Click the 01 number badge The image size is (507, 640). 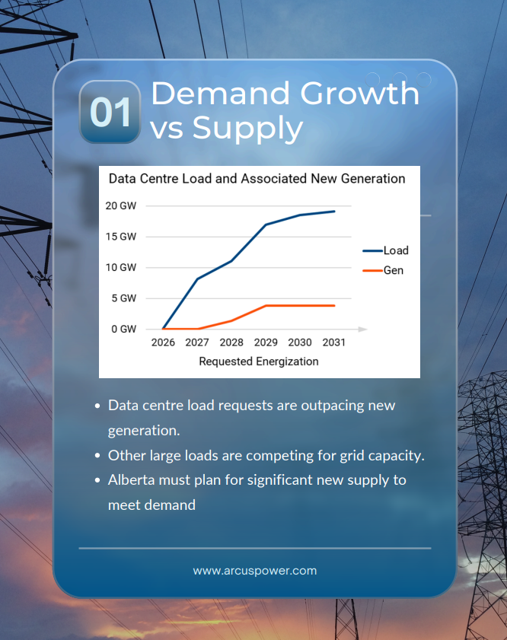pyautogui.click(x=110, y=112)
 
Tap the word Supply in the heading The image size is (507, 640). pyautogui.click(x=247, y=128)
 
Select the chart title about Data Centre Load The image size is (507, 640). pyautogui.click(x=257, y=179)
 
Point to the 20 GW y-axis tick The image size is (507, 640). pyautogui.click(x=121, y=205)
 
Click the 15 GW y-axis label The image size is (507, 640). pyautogui.click(x=121, y=237)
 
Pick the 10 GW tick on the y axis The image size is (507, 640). pyautogui.click(x=121, y=267)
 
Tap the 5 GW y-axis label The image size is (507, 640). pyautogui.click(x=123, y=298)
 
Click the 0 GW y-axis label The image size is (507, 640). pyautogui.click(x=123, y=329)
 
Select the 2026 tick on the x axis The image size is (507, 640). pyautogui.click(x=163, y=342)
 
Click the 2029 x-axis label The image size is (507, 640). pyautogui.click(x=266, y=342)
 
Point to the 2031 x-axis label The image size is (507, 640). pyautogui.click(x=333, y=342)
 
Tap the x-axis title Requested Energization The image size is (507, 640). pyautogui.click(x=258, y=361)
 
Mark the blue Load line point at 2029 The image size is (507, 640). pyautogui.click(x=266, y=224)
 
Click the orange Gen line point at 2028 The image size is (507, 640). pyautogui.click(x=231, y=320)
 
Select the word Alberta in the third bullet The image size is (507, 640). pyautogui.click(x=132, y=480)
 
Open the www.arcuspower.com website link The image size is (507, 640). pyautogui.click(x=254, y=570)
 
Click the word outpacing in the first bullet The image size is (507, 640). pyautogui.click(x=332, y=405)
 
